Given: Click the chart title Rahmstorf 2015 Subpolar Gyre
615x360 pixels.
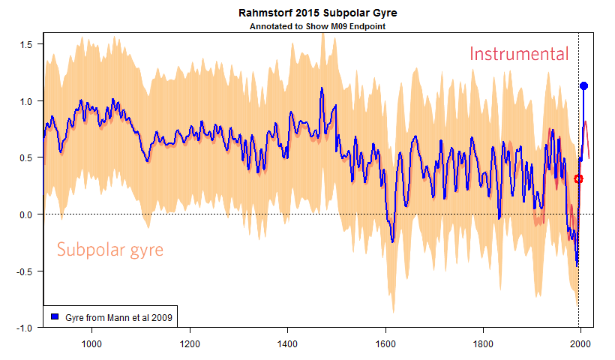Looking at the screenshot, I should click(x=317, y=13).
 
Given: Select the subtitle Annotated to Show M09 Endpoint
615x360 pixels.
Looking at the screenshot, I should click(x=317, y=26).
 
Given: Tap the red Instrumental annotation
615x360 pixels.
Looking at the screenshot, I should click(x=519, y=54).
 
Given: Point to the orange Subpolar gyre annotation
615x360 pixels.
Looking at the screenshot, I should click(x=110, y=250).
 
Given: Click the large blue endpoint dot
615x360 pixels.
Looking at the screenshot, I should click(x=583, y=86).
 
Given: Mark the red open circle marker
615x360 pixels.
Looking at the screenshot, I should click(x=578, y=178).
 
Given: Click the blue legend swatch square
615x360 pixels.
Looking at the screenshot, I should click(x=54, y=317).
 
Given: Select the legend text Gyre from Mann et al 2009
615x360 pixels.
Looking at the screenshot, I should click(x=118, y=317).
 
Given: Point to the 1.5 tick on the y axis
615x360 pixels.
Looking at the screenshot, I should click(x=25, y=44).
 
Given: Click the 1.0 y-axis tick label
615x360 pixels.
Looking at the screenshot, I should click(x=25, y=101).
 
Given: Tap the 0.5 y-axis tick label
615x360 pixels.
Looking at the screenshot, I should click(x=25, y=157).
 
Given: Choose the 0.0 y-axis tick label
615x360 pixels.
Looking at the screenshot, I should click(x=25, y=214).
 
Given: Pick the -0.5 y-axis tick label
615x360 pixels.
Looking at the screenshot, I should click(x=24, y=271).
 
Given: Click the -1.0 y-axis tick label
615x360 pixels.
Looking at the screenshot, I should click(x=24, y=328).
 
